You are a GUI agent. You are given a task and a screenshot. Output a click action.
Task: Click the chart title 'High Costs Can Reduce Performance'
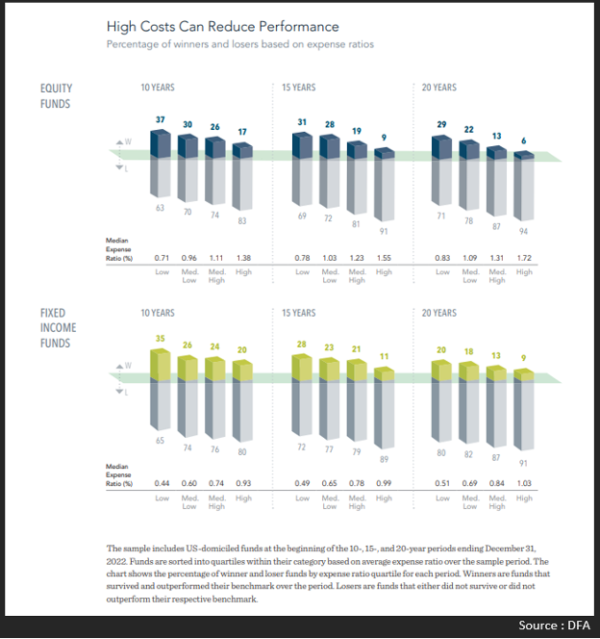(x=222, y=26)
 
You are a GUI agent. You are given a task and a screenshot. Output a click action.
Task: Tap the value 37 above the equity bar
(x=162, y=118)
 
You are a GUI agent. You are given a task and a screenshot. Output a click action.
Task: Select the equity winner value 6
(x=524, y=141)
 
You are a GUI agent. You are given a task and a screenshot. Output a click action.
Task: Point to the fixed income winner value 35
(x=162, y=338)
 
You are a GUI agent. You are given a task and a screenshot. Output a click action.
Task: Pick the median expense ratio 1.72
(x=524, y=259)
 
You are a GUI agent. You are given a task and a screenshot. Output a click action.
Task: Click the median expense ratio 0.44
(x=162, y=481)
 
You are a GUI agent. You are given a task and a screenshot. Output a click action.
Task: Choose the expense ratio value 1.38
(x=243, y=259)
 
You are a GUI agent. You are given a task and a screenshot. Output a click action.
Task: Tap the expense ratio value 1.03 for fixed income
(x=524, y=481)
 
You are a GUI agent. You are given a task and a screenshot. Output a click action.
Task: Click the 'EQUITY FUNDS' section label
(x=56, y=95)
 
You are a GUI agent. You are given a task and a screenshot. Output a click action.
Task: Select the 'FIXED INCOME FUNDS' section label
(x=59, y=328)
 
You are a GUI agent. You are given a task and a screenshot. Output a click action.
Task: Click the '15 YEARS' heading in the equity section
(x=299, y=88)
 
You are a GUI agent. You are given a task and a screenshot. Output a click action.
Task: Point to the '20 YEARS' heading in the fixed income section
(x=439, y=313)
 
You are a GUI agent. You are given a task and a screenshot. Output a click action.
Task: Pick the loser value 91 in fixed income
(x=524, y=462)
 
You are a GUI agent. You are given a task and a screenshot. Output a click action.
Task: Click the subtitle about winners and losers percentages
(x=239, y=44)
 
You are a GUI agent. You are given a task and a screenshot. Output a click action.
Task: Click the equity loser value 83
(x=243, y=222)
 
